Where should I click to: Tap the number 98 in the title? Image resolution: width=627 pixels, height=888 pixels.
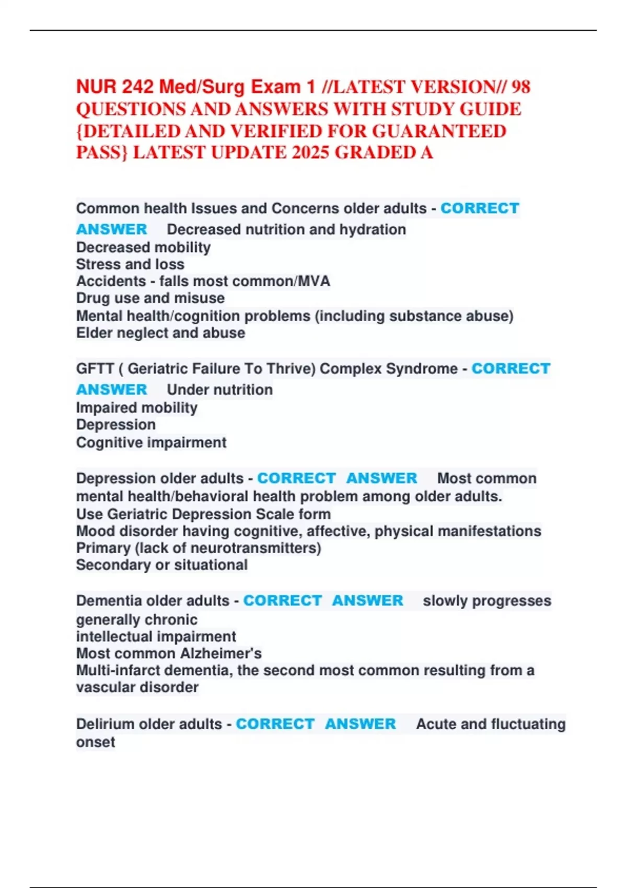click(520, 87)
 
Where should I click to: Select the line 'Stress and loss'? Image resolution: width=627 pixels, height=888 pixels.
click(130, 264)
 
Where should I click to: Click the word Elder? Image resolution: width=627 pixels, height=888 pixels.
click(94, 333)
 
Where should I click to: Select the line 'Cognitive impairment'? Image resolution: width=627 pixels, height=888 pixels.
click(151, 442)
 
